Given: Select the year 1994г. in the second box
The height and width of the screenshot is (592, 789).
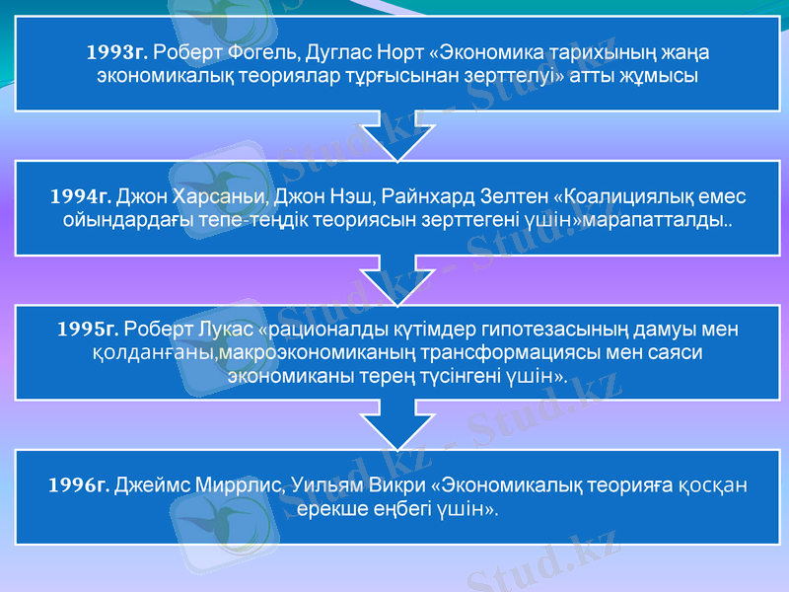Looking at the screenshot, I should pyautogui.click(x=81, y=195).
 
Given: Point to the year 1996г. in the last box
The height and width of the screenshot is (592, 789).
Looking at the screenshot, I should pyautogui.click(x=79, y=484).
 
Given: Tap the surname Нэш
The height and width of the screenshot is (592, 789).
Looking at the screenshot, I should pyautogui.click(x=353, y=195).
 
